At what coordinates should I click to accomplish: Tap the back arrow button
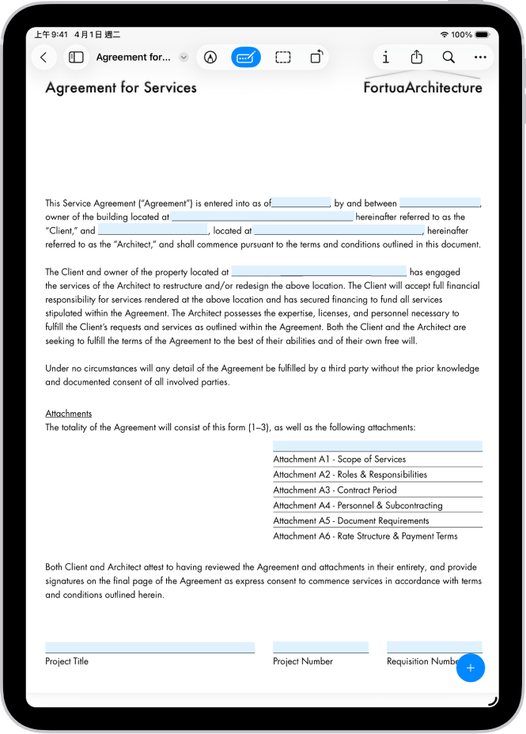click(x=44, y=57)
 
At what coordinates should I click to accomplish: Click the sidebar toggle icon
click(x=77, y=57)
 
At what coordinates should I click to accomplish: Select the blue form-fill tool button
click(x=246, y=57)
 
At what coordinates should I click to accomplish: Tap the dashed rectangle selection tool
click(x=282, y=57)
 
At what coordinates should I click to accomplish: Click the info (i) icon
click(x=385, y=57)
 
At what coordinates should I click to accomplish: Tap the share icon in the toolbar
click(x=417, y=57)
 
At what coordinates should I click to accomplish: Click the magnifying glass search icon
click(x=448, y=57)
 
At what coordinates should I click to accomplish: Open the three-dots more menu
click(x=480, y=57)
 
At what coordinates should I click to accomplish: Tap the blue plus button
click(x=471, y=668)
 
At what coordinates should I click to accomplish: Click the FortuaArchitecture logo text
click(x=422, y=88)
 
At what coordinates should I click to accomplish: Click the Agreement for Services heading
click(x=121, y=88)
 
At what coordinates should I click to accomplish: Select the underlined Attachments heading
click(x=69, y=414)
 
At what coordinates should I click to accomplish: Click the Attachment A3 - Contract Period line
click(x=335, y=490)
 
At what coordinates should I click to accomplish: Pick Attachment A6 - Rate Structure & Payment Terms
click(x=365, y=536)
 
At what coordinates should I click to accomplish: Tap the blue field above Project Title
click(x=149, y=647)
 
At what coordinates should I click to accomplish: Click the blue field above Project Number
click(x=320, y=647)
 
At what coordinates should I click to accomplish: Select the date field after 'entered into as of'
click(x=301, y=202)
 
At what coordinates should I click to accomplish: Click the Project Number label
click(x=303, y=661)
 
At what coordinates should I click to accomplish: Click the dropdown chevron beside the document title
click(x=184, y=57)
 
